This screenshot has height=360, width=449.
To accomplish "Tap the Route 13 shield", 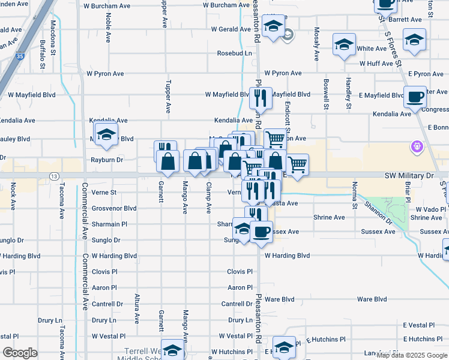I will [55, 176].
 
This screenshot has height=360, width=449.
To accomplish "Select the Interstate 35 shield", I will [20, 56].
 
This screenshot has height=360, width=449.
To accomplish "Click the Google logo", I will [20, 353].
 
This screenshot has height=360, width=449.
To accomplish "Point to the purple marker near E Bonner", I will [415, 146].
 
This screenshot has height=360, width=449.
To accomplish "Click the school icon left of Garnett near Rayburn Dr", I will [106, 135].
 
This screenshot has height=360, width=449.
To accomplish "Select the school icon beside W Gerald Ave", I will [273, 26].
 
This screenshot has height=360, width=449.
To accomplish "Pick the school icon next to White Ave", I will [345, 45].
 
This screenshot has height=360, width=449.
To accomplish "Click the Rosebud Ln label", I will [235, 53].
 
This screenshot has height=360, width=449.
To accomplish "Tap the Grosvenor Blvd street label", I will [114, 208].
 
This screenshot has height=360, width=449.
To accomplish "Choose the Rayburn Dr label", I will [107, 160].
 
